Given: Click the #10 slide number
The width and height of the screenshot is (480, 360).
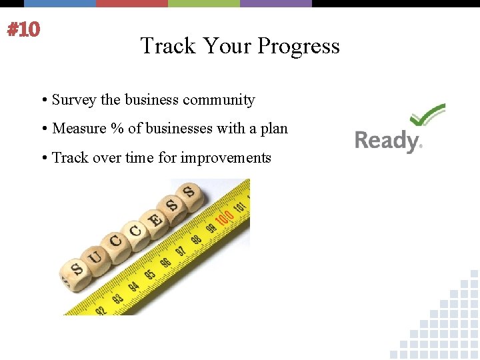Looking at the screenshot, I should click(23, 30).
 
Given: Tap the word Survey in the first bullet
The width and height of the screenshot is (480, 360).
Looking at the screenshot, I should click(74, 100).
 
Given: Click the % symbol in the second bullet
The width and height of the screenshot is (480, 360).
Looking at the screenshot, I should click(117, 129).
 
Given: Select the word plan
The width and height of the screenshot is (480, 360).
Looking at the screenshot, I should click(274, 129).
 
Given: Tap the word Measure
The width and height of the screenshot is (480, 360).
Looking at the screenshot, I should click(80, 129).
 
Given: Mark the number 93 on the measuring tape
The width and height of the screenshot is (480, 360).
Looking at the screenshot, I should click(117, 297).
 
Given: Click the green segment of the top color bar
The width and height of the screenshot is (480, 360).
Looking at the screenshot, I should click(203, 3).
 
